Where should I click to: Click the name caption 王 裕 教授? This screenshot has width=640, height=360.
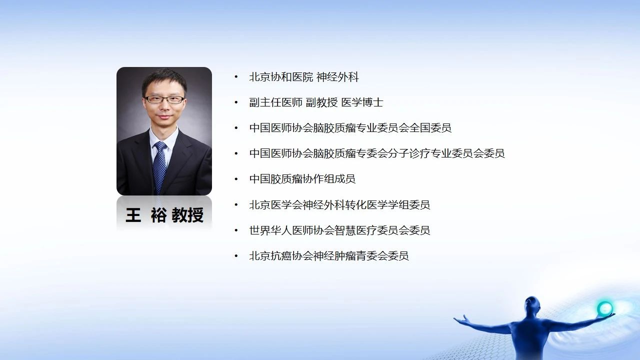pos(164,215)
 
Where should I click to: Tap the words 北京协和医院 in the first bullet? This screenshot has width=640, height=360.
pos(281,77)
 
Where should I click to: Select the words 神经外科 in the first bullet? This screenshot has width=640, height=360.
pos(337,77)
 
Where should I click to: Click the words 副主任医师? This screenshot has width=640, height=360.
pos(275,102)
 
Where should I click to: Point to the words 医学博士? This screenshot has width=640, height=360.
pos(362,102)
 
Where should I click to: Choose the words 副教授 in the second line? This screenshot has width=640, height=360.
pos(321,102)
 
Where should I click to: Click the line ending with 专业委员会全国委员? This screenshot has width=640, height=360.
pos(350,127)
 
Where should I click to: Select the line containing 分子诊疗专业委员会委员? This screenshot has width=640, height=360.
pos(377,153)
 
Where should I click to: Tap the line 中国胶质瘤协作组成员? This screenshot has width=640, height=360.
pos(302,179)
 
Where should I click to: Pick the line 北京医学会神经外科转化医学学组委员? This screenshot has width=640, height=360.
pos(339,204)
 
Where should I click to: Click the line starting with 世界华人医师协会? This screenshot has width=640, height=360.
pos(339,230)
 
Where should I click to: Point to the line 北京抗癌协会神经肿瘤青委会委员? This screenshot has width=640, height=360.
pos(329,255)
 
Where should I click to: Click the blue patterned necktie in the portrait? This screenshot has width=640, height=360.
pos(159,167)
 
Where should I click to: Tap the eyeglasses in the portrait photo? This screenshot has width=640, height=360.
pos(164,99)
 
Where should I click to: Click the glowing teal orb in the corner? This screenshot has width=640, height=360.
pos(605,308)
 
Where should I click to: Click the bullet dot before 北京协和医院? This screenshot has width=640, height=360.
pos(236,77)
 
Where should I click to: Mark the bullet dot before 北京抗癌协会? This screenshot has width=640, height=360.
pos(236,255)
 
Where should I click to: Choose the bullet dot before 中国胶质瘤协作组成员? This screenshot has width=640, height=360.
pos(236,179)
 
